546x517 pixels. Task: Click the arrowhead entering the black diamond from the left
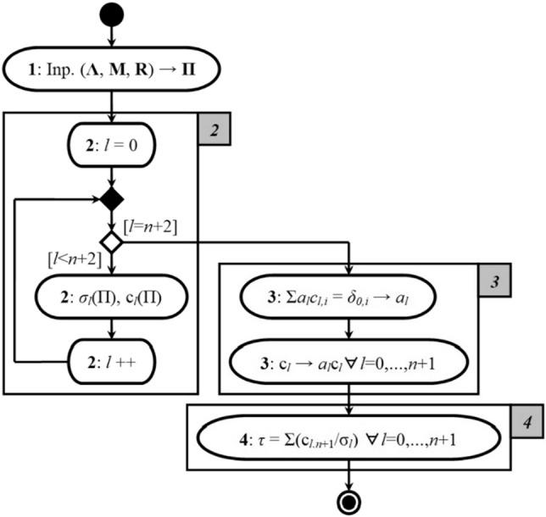(94, 201)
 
